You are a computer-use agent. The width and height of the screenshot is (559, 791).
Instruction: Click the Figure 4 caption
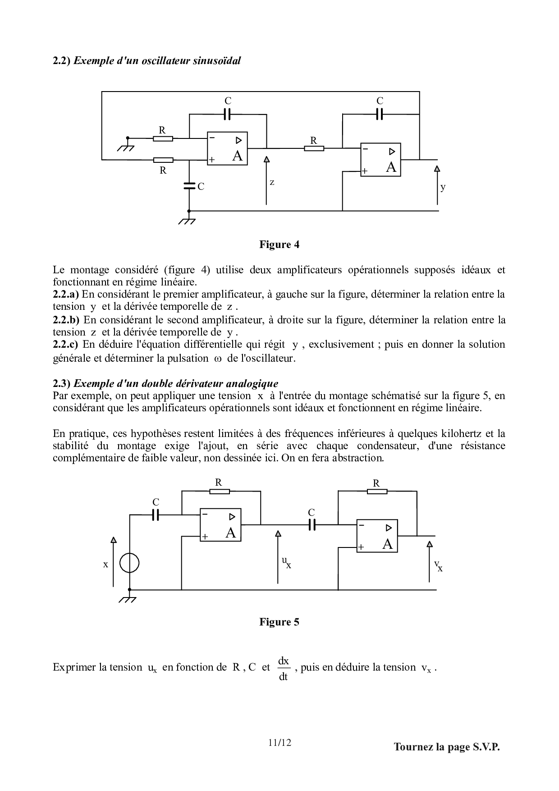coord(279,244)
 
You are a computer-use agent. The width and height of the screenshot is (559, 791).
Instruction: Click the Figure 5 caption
coord(279,622)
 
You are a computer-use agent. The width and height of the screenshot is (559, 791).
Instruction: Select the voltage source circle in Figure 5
coord(129,563)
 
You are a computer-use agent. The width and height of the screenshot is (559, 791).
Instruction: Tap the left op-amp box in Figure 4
coord(227,148)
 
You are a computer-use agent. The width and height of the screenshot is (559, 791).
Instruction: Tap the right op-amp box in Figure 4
coord(380,160)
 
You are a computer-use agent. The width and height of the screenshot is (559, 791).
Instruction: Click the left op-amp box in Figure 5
coord(220,525)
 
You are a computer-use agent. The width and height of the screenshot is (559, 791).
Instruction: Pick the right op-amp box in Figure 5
coord(377,536)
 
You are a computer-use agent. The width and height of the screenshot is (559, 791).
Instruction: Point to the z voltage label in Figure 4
coord(272,183)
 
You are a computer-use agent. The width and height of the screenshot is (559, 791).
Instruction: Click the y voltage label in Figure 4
coord(443,187)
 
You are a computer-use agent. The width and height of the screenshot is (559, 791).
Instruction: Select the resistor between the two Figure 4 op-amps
coord(314,148)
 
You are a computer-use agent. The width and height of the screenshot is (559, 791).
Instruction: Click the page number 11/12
coord(279,742)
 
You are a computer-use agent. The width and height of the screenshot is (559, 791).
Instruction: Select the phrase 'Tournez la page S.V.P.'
coord(447,747)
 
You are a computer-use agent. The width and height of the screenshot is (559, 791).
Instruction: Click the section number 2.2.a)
coord(66,294)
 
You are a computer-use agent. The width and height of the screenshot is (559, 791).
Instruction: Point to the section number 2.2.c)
coord(65,345)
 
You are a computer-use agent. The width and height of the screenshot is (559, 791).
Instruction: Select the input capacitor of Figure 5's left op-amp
coord(156,515)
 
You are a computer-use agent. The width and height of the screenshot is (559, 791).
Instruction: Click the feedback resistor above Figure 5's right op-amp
coord(377,492)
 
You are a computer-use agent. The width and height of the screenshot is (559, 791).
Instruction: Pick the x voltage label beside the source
coord(106,564)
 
